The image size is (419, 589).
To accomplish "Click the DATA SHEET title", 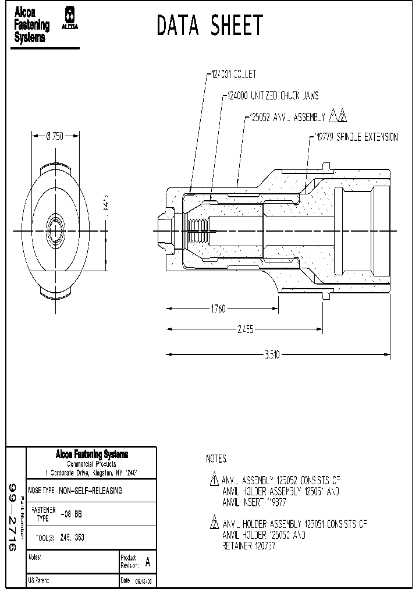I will click(x=210, y=26).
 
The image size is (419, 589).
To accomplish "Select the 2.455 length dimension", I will click(x=245, y=330).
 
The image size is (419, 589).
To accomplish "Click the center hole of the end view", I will click(x=55, y=230).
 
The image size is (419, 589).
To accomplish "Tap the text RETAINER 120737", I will click(x=249, y=547).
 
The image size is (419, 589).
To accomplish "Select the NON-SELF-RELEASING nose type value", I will click(x=91, y=491).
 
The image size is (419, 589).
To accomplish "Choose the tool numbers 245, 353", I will click(x=72, y=538).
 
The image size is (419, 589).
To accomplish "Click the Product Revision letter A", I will click(x=147, y=562).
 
